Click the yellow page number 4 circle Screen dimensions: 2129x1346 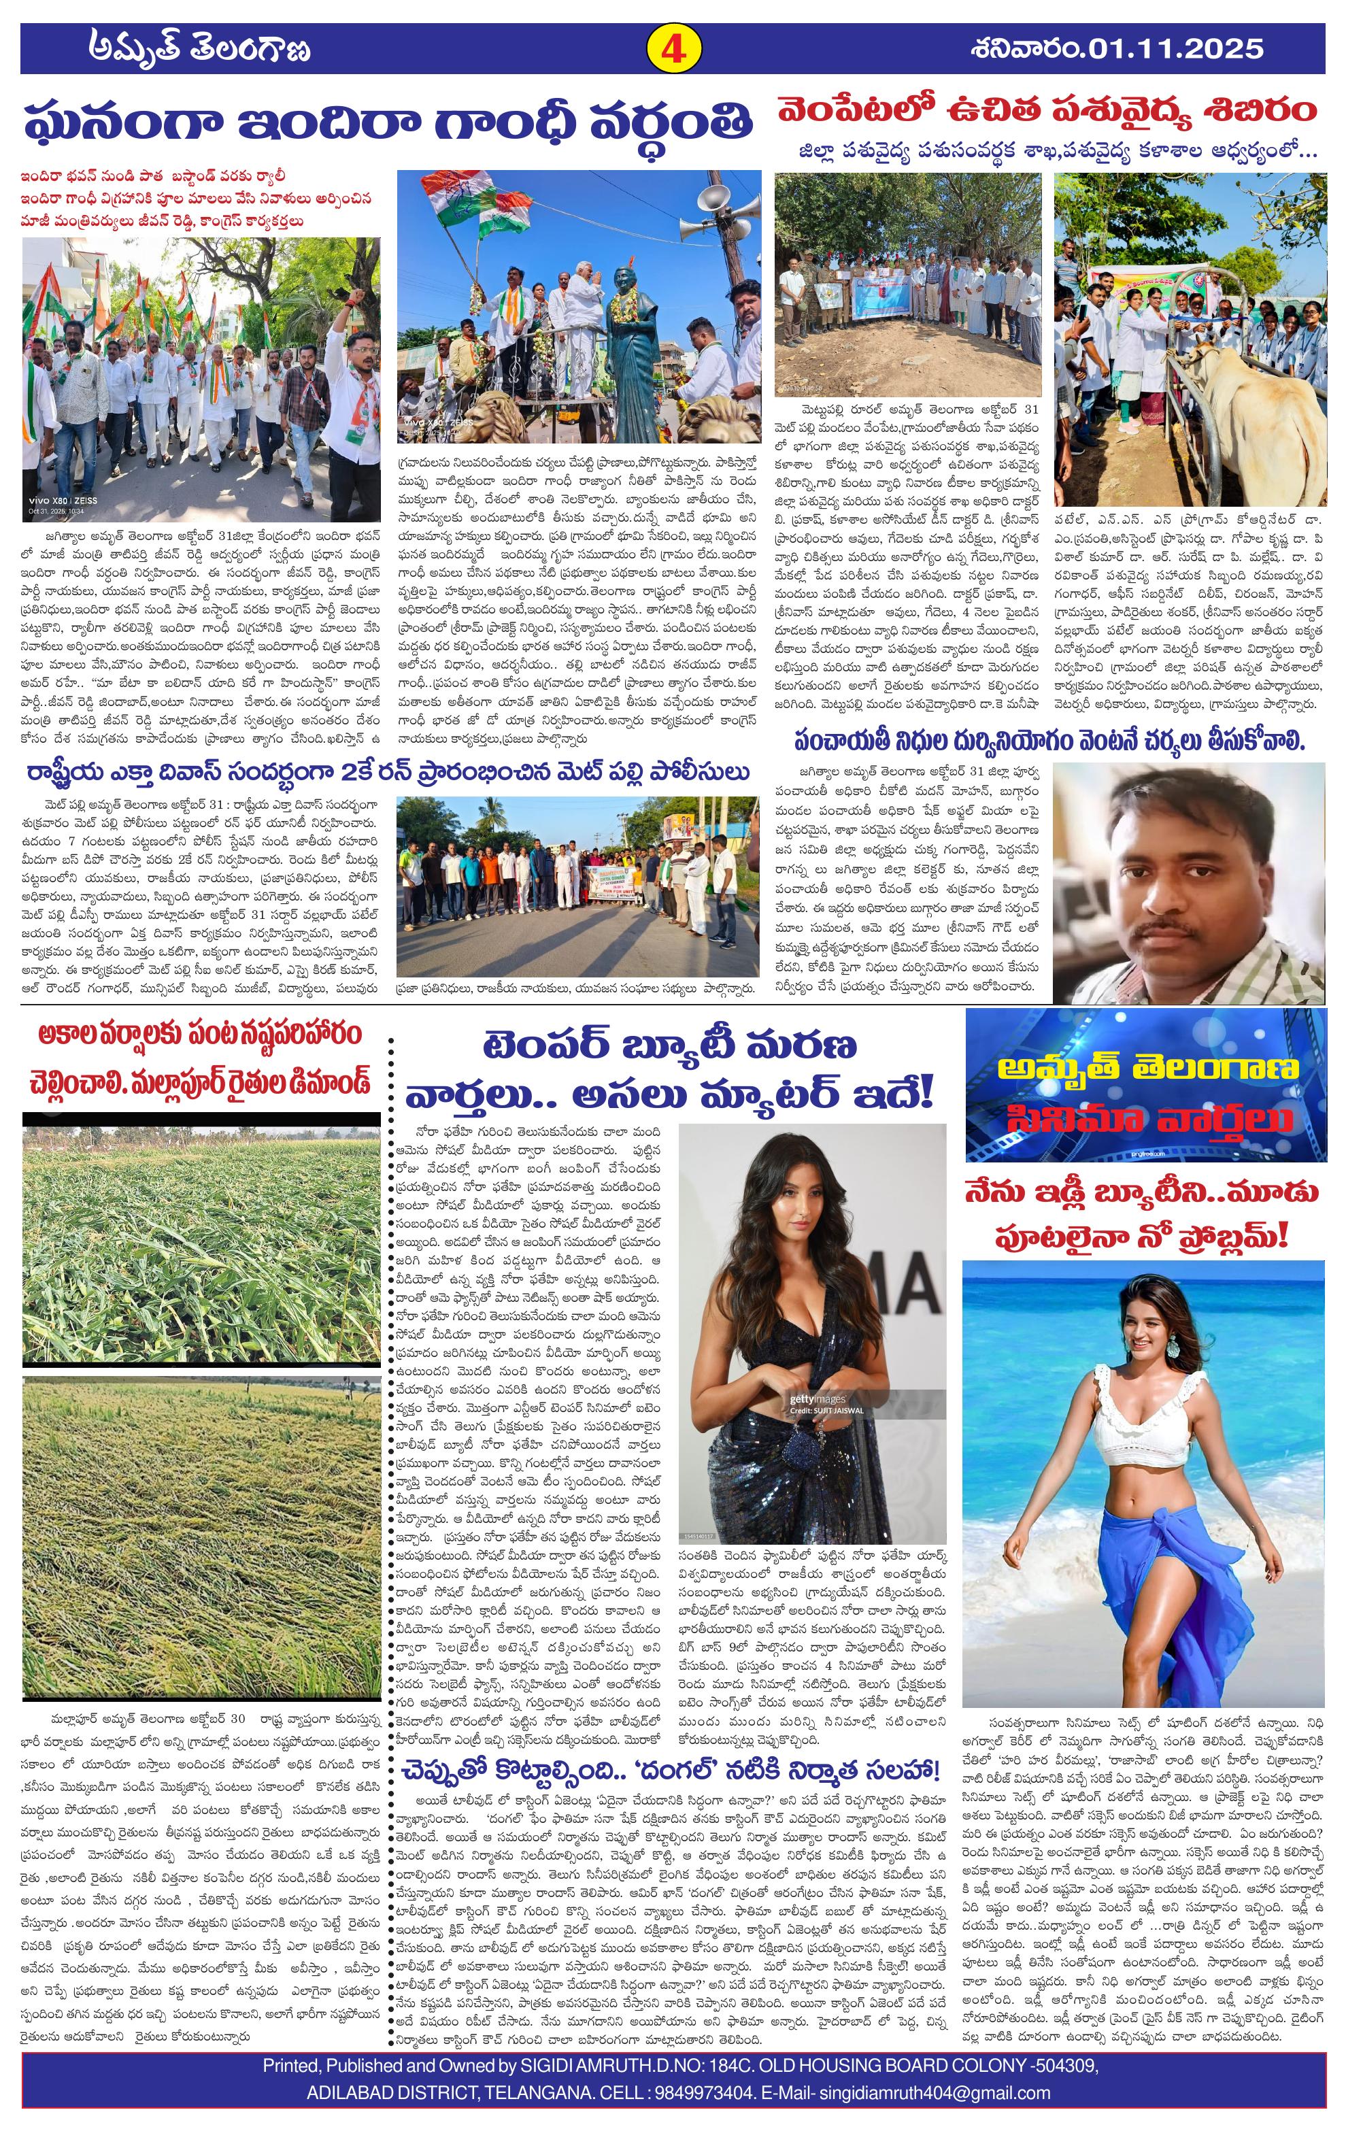point(674,48)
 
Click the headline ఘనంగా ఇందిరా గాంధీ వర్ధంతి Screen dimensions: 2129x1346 point(389,123)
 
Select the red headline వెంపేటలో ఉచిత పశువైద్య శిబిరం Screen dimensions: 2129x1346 point(1047,112)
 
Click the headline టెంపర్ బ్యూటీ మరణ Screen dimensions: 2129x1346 point(670,1046)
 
